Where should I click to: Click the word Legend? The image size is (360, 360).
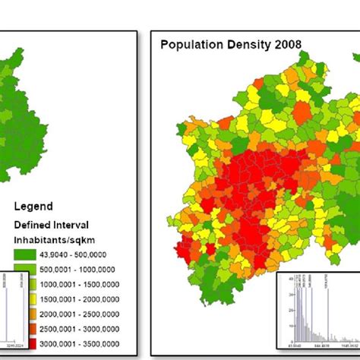34,207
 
